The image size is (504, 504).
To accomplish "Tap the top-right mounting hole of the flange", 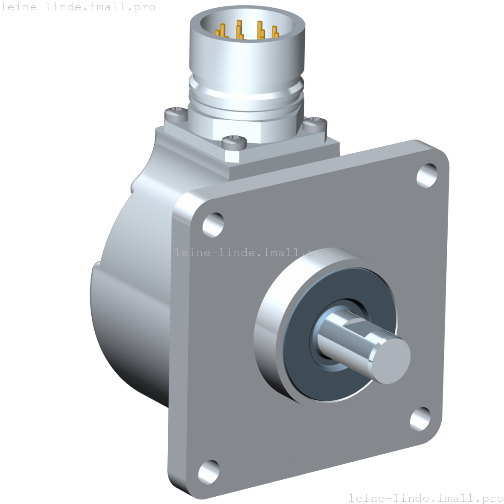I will coord(426,175).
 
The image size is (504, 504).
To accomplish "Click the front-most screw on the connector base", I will coord(234,142).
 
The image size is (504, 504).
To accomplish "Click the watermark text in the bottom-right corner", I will coord(425,498).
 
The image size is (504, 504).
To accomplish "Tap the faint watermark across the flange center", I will coord(252,253).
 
